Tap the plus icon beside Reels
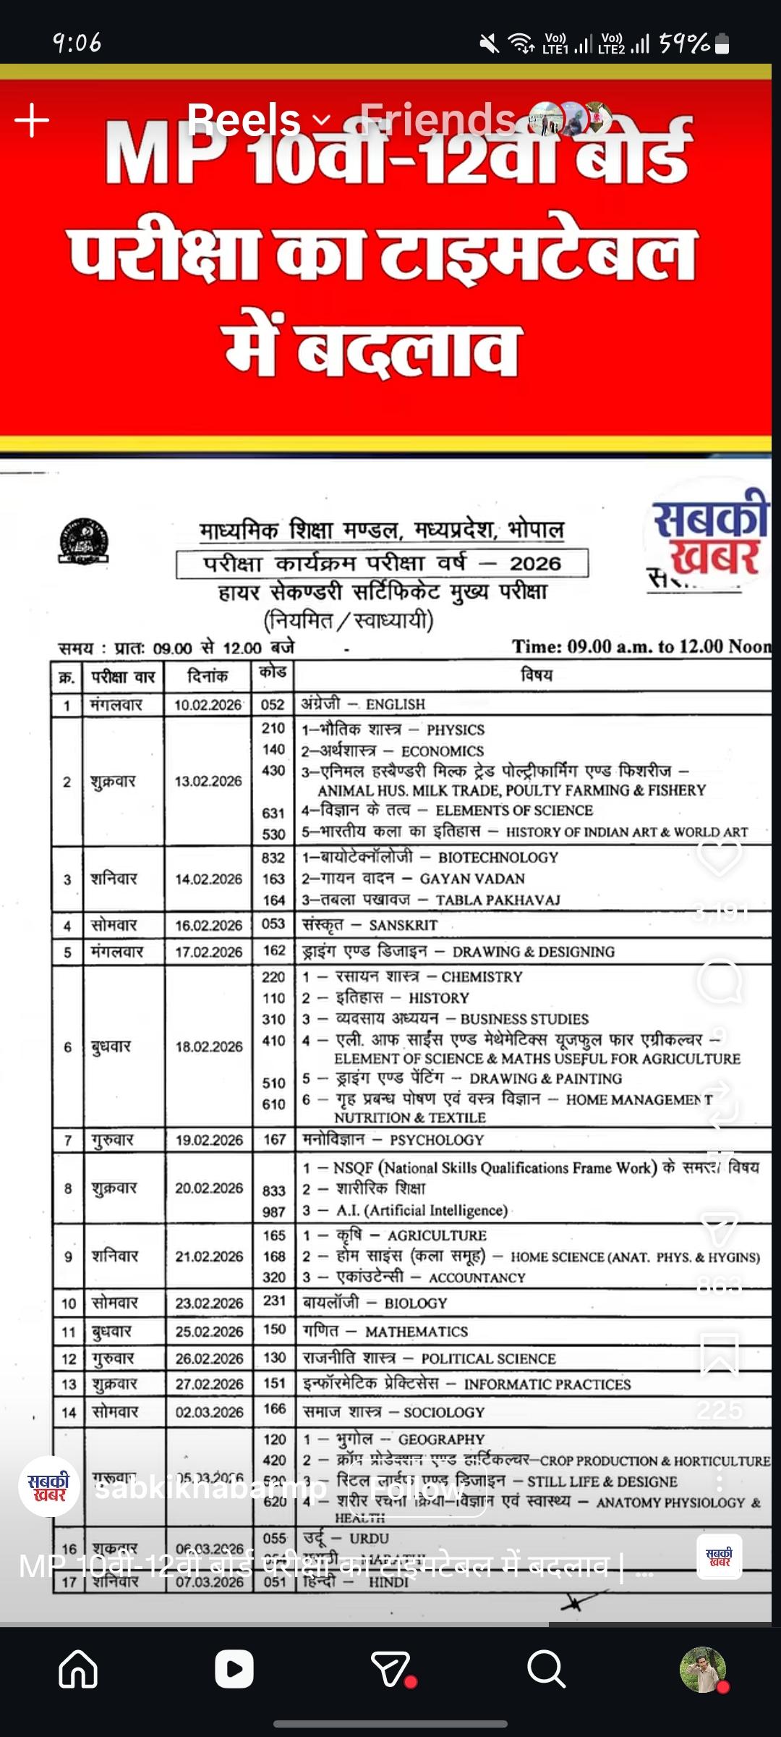tap(32, 119)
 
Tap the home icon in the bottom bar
tap(78, 1669)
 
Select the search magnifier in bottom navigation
tap(546, 1669)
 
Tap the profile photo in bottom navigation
tap(703, 1669)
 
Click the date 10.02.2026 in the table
tap(208, 705)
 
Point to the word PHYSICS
tap(456, 730)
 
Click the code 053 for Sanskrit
tap(273, 924)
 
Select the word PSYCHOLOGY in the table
tap(437, 1140)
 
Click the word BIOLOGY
tap(416, 1303)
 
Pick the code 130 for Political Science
tap(274, 1358)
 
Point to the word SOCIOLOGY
tap(444, 1412)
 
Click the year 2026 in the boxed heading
tap(535, 563)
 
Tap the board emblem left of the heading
tap(84, 541)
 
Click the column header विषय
tap(537, 675)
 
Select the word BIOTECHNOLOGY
tap(498, 858)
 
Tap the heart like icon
tap(719, 855)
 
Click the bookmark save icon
tap(720, 1353)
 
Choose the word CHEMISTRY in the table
tap(482, 977)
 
